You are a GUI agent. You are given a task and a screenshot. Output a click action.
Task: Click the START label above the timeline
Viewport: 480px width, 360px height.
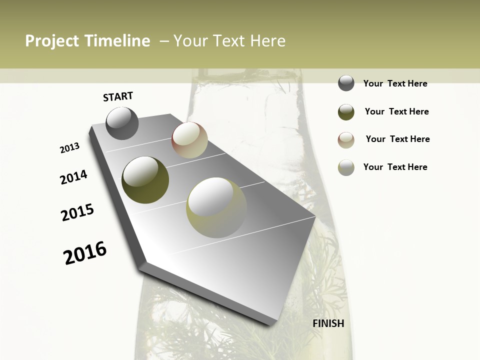pos(118,96)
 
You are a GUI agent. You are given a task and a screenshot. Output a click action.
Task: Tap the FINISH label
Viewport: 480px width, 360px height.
pos(328,323)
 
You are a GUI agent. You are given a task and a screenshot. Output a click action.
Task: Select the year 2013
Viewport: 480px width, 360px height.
pos(70,148)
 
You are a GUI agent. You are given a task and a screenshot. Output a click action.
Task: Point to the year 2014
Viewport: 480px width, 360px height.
pos(74,177)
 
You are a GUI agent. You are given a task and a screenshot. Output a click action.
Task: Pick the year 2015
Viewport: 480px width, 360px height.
pos(77,212)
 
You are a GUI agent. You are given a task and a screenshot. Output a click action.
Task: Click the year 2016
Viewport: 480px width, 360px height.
pos(85,252)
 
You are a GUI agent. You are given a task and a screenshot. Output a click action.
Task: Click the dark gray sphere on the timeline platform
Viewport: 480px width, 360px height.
pos(122,123)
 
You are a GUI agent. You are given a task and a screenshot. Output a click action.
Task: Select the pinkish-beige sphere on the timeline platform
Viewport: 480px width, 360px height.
pos(189,140)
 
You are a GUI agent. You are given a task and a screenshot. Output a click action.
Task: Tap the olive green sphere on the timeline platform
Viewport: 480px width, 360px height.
pos(145,180)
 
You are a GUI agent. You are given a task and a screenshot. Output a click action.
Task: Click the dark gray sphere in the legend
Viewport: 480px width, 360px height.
pos(346,83)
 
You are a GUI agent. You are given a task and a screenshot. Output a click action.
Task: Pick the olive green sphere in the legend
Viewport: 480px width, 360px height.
pos(346,112)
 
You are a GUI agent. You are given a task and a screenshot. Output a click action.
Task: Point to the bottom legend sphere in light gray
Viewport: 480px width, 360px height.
pos(346,167)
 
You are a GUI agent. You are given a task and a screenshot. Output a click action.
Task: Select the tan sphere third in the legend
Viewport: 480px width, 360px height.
pos(346,140)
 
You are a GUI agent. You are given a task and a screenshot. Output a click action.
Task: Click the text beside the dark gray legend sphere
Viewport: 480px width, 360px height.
pos(395,83)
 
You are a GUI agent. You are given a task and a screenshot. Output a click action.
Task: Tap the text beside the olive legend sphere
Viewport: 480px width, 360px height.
pos(396,111)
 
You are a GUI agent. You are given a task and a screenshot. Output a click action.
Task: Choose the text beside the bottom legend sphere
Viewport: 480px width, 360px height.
pos(395,167)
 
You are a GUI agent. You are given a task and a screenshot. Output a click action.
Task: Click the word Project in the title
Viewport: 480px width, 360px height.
pos(52,41)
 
